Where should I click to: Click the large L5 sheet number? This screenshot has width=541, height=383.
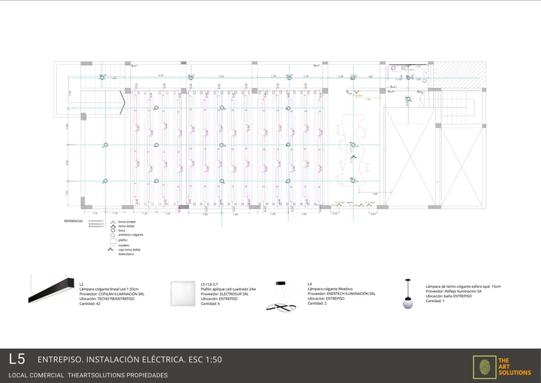pos(17,359)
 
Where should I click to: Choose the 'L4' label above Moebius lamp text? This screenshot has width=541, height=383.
pos(310,284)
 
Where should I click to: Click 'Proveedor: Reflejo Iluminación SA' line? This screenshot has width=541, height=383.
pos(454,291)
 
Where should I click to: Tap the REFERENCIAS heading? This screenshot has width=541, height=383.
pos(73,221)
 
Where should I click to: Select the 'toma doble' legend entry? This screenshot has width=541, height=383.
pos(126,225)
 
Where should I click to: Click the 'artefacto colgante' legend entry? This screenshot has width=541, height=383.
pos(131,235)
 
